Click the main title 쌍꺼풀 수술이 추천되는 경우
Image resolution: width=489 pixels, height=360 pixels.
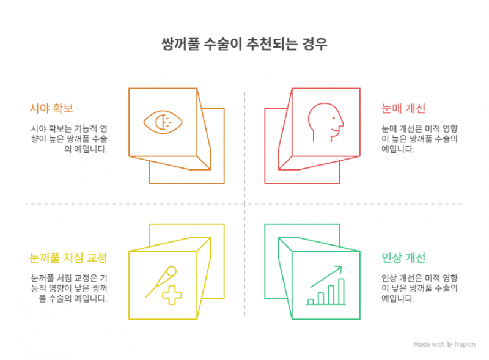tap(244, 44)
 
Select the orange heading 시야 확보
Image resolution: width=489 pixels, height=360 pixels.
tap(51, 108)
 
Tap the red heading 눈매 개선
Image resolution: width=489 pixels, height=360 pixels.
tap(403, 108)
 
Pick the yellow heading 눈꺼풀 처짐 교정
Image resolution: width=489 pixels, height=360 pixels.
tap(68, 258)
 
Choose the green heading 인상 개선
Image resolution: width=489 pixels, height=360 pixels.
tap(403, 258)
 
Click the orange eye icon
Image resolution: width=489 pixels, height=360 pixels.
tap(163, 122)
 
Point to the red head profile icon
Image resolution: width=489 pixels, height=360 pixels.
tap(326, 122)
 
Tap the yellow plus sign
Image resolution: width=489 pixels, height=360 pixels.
tap(172, 295)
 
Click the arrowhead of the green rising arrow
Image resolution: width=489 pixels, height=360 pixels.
tap(339, 269)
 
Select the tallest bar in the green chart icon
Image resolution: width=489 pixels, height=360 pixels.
tap(341, 292)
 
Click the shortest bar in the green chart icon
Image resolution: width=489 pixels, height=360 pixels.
tap(311, 302)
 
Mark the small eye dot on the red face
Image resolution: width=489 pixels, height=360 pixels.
tap(333, 118)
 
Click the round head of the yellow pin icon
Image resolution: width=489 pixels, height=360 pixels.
tap(171, 271)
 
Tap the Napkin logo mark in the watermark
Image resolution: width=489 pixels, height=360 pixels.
tap(449, 345)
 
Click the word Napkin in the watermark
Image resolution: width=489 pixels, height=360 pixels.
tap(465, 344)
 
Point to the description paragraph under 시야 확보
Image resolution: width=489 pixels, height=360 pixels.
tap(69, 139)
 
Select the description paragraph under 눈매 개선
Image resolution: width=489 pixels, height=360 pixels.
tap(420, 139)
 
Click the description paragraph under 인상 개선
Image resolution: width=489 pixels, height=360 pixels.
tap(420, 288)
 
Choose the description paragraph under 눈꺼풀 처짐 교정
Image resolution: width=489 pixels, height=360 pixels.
tap(69, 288)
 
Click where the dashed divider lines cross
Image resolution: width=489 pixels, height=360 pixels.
tap(244, 204)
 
